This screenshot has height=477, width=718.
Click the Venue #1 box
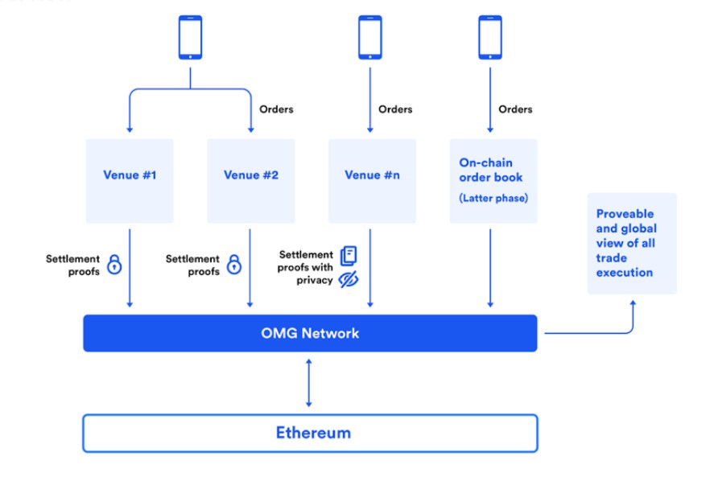click(x=130, y=181)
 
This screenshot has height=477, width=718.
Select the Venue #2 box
click(x=251, y=181)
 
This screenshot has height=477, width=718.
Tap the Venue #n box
click(x=372, y=181)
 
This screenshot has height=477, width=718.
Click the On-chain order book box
click(x=493, y=181)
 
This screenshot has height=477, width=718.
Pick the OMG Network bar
click(x=310, y=333)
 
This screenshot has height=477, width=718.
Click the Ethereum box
click(x=310, y=433)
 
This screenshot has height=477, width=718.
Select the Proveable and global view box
click(x=632, y=244)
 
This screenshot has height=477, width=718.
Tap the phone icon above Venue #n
click(x=370, y=38)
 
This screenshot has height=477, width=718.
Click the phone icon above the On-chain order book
click(x=490, y=38)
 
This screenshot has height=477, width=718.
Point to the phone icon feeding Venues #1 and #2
click(x=190, y=38)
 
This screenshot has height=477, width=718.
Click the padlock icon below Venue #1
click(x=114, y=265)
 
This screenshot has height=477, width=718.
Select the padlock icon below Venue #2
click(x=234, y=265)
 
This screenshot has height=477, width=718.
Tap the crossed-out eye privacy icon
click(x=349, y=279)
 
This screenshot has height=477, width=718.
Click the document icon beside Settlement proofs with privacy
click(x=349, y=256)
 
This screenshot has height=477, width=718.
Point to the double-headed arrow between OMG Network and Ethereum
click(x=308, y=383)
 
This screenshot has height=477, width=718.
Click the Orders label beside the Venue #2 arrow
click(x=276, y=109)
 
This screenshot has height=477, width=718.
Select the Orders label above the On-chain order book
click(x=515, y=109)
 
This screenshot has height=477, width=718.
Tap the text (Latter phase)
click(x=493, y=198)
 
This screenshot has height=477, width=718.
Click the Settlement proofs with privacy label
click(x=305, y=267)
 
